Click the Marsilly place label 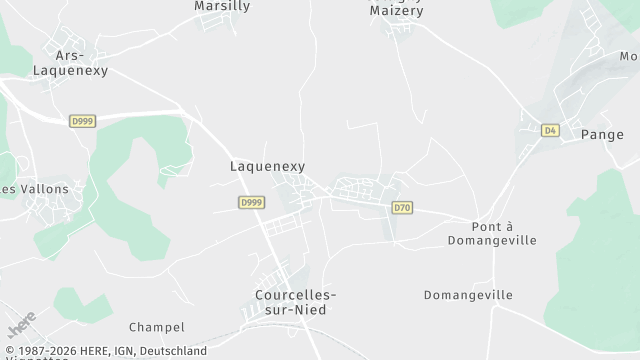point(221,6)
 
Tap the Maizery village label point(396,11)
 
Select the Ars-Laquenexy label point(70,64)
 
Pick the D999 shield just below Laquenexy point(252,202)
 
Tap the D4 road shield point(550,130)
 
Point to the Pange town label point(602,134)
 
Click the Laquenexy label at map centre point(267,167)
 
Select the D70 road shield point(402,208)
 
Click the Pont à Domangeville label point(492,234)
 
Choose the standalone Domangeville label point(468,295)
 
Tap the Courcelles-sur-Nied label point(296,302)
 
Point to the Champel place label point(157,327)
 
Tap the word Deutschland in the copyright point(174,351)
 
